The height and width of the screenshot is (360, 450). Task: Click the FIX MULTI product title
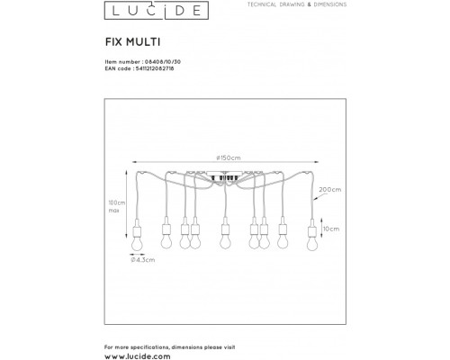tap(129, 40)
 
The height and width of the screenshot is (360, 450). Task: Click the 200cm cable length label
tap(329, 190)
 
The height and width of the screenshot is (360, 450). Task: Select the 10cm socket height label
tap(331, 229)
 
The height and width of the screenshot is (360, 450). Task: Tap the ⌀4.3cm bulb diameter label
tap(141, 260)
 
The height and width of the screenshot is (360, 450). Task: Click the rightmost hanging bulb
tap(312, 240)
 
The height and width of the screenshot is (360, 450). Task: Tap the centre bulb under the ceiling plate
tap(224, 240)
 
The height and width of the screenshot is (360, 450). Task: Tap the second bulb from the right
tap(285, 240)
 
